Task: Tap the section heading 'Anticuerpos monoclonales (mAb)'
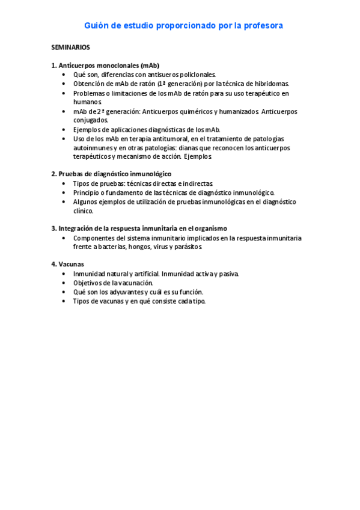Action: [x=109, y=66]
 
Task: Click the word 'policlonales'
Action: [x=198, y=75]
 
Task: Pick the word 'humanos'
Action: [x=87, y=102]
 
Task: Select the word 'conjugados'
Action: [x=91, y=120]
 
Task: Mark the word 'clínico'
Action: [x=83, y=211]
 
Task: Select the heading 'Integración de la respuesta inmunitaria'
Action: [x=139, y=229]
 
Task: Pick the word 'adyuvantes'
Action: [x=135, y=292]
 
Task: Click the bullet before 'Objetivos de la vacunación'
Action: [x=65, y=283]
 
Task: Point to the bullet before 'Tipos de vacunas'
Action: [x=65, y=301]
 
